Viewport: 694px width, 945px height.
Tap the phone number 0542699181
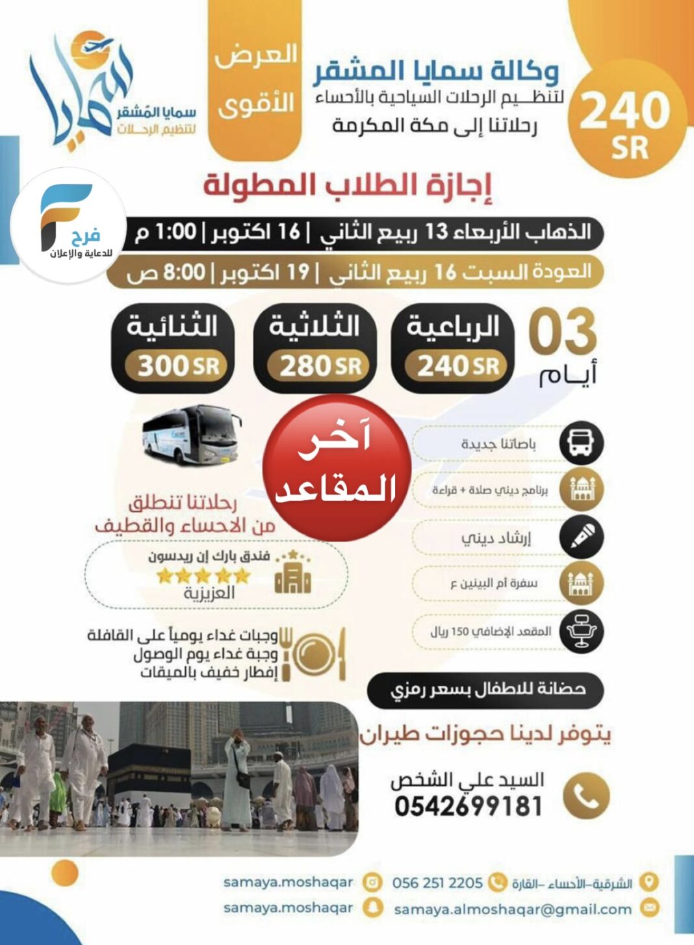pyautogui.click(x=468, y=806)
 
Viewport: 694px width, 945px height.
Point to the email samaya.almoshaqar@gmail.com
pyautogui.click(x=513, y=909)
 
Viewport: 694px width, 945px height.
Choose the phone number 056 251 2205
pyautogui.click(x=437, y=883)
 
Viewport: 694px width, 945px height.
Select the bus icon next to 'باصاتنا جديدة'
pyautogui.click(x=582, y=443)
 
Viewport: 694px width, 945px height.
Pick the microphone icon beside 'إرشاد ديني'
pyautogui.click(x=582, y=536)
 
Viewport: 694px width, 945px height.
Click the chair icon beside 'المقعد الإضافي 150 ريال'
pyautogui.click(x=582, y=630)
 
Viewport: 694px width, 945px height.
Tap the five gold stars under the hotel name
pyautogui.click(x=203, y=575)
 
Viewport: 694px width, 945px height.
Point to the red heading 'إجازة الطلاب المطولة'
pyautogui.click(x=348, y=185)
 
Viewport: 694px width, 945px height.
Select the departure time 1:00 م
pyautogui.click(x=166, y=232)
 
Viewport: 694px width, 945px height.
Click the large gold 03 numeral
pyautogui.click(x=562, y=331)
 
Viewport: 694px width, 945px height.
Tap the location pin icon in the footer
pyautogui.click(x=648, y=882)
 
